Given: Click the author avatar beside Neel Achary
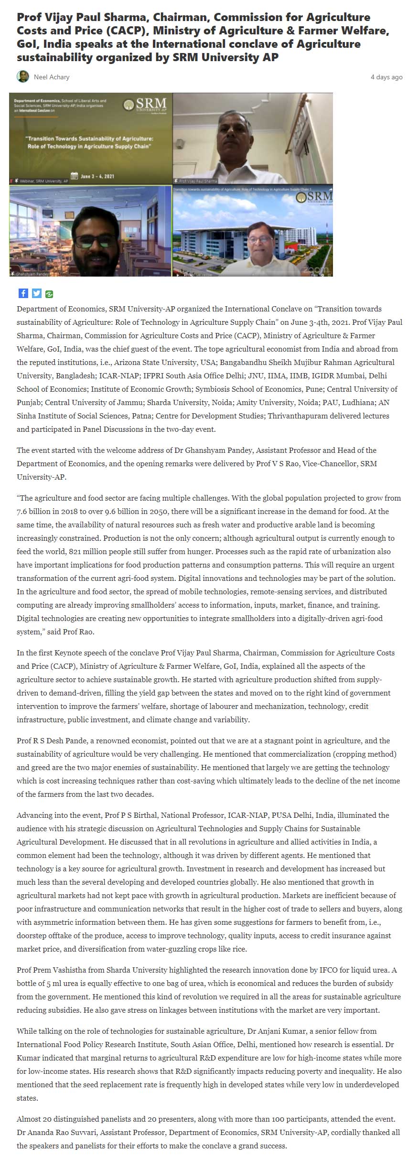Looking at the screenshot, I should point(22,76).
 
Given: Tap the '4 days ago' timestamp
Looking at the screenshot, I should point(386,77).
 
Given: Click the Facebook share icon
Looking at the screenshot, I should point(23,293).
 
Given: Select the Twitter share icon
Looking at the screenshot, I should point(36,293).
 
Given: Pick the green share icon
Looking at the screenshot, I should point(49,294).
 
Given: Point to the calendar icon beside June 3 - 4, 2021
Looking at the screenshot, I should point(74,176).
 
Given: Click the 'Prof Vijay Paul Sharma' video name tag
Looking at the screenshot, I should point(197,181).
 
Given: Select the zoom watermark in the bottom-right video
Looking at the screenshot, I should point(315,270).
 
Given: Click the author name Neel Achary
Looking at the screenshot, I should point(52,77).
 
